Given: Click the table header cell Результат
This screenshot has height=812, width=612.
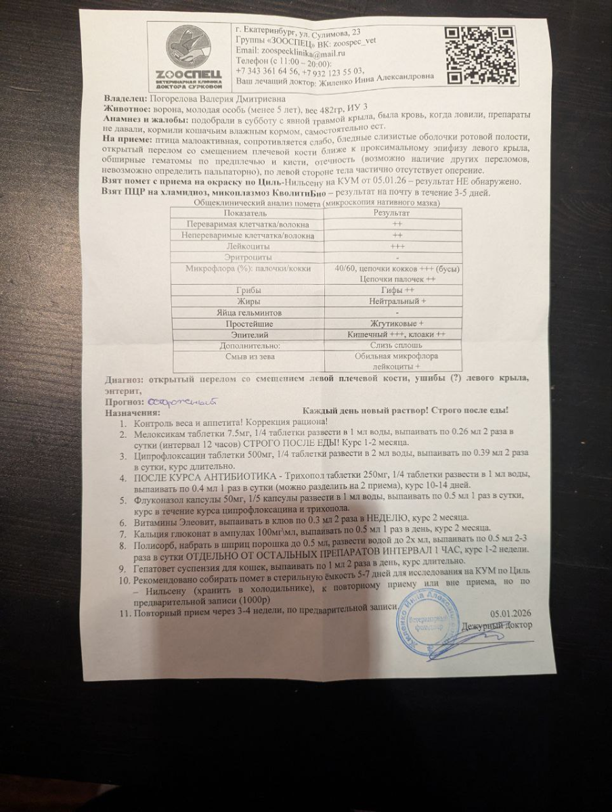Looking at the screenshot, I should click(392, 212).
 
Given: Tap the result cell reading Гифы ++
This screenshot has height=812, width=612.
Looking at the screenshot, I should click(393, 290).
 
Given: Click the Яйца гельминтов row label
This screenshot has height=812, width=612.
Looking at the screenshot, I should click(250, 313).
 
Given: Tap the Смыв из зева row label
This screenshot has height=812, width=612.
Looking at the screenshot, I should click(250, 356).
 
